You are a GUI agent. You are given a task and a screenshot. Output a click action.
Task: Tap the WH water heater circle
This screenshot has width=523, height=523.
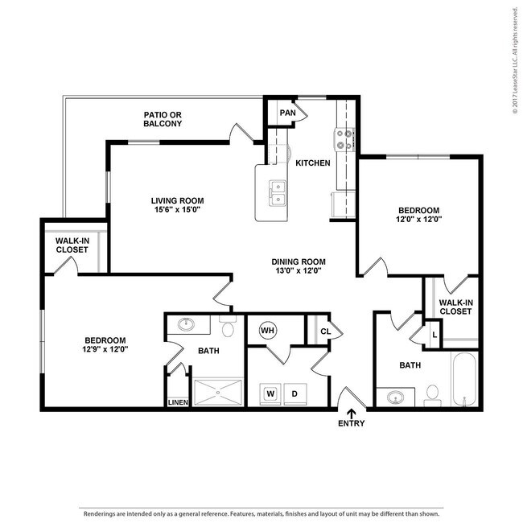point(267,330)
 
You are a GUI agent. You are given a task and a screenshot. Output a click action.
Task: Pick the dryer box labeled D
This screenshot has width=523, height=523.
point(294,393)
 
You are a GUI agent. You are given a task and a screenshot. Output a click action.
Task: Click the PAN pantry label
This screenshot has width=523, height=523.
point(287,113)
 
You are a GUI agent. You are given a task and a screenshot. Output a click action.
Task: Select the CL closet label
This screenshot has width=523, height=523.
point(325,331)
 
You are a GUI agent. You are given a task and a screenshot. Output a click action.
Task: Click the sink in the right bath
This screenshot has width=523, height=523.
point(396,397)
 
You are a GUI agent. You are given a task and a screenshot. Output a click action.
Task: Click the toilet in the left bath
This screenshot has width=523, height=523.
point(227,327)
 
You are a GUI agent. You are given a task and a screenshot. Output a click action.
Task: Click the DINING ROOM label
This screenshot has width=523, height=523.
point(298,261)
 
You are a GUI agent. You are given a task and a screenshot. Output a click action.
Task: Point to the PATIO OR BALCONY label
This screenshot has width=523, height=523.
point(163,119)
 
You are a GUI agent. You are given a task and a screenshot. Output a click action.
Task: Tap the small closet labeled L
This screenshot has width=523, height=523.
point(434,334)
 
